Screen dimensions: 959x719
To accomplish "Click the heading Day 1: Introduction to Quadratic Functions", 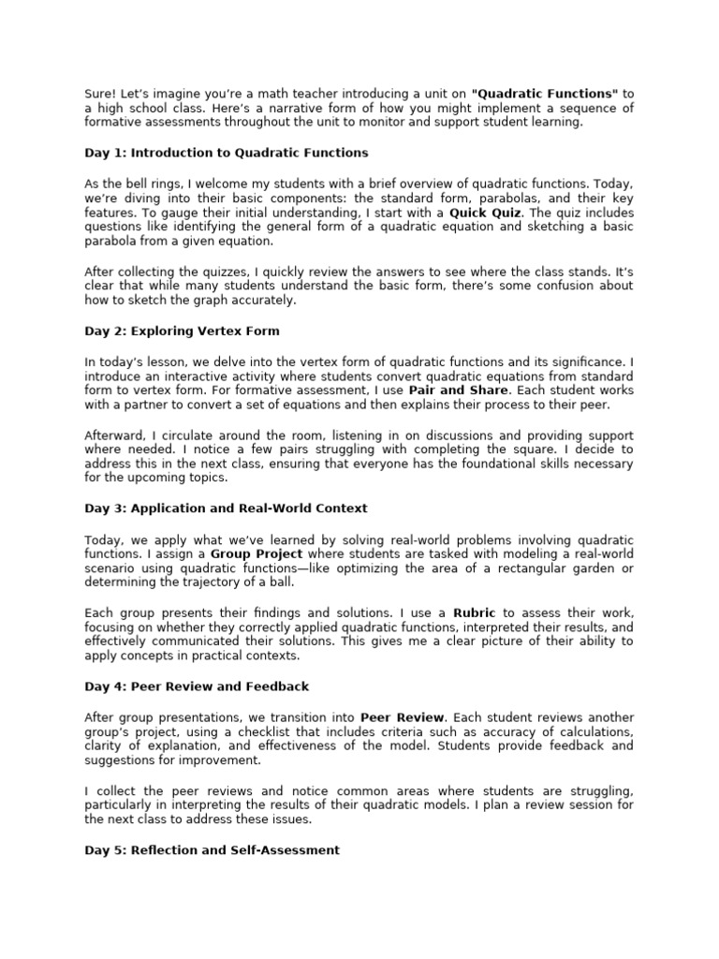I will (226, 152).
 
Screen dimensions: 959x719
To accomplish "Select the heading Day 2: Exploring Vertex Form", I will (182, 331).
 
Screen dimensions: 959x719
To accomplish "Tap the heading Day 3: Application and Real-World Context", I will (226, 509).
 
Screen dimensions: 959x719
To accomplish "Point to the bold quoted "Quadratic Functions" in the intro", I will (546, 94).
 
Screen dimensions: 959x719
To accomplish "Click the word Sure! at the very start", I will (101, 94).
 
